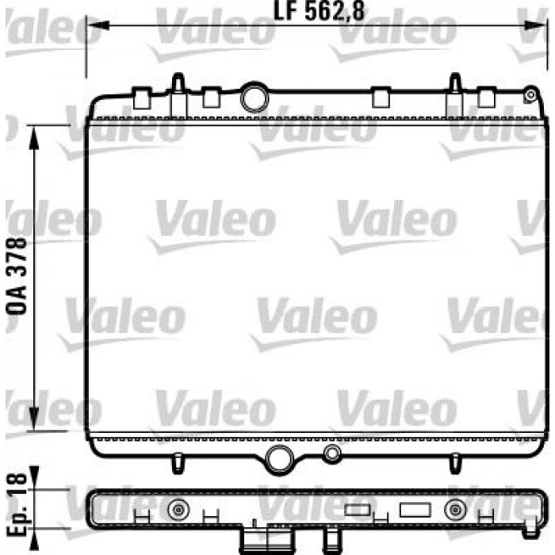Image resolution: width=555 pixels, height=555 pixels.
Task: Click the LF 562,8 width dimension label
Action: point(320,12)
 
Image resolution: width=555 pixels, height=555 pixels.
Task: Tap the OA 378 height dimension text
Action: point(17,276)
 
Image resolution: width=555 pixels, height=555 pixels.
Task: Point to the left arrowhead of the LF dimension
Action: point(98,25)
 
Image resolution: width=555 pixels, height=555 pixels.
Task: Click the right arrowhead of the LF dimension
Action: point(535,25)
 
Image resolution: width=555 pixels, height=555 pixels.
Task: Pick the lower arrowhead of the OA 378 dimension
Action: point(33,419)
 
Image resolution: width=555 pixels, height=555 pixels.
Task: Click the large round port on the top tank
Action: point(255,98)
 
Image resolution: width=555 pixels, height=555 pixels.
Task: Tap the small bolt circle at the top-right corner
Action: point(530,95)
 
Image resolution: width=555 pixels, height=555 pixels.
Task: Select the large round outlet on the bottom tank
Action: point(279,459)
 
